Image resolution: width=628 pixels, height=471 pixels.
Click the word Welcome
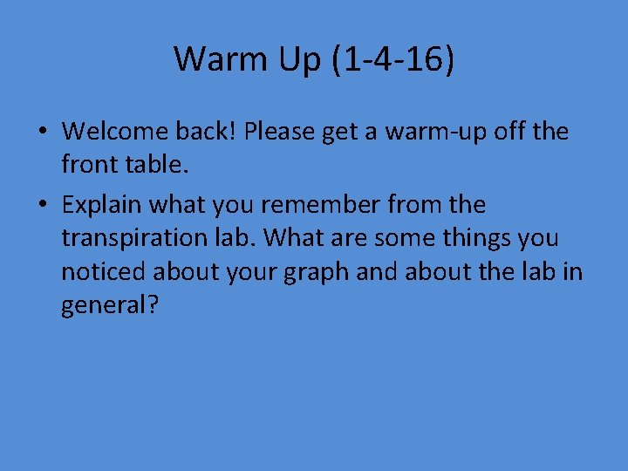click(118, 132)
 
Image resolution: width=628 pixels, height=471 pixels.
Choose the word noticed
click(104, 271)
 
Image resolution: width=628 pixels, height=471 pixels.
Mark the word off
click(509, 132)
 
